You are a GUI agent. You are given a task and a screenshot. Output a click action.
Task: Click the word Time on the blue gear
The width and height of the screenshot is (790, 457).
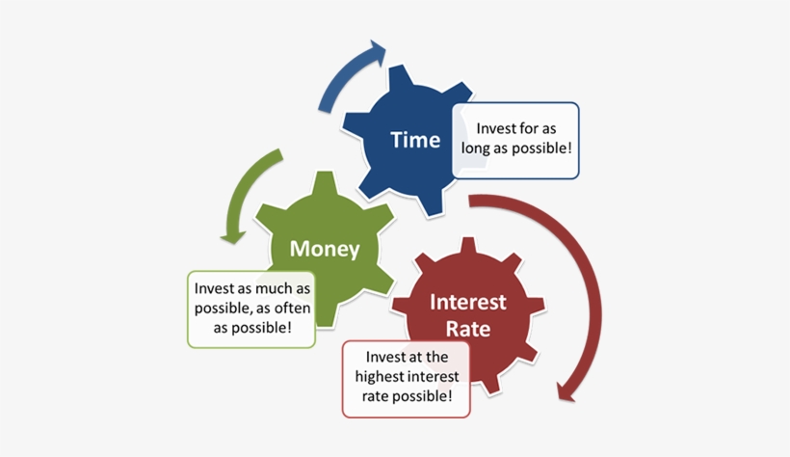click(x=415, y=140)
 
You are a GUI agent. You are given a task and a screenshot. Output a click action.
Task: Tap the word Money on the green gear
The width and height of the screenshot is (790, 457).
click(x=325, y=249)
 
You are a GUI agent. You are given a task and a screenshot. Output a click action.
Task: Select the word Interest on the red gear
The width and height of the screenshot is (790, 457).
click(x=468, y=302)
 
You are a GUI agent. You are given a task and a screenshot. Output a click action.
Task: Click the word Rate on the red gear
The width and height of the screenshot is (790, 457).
click(x=468, y=329)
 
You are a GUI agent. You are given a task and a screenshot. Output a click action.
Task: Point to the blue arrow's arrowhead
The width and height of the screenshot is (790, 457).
click(x=377, y=53)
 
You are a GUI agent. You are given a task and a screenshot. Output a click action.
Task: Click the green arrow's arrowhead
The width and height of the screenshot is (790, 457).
click(x=233, y=236)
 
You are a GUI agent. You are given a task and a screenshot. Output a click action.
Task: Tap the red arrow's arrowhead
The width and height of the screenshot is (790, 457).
click(x=566, y=391)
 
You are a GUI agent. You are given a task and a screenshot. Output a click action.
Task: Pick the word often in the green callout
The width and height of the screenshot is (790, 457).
click(x=293, y=308)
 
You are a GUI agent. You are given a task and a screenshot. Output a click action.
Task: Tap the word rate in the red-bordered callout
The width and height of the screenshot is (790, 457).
click(x=375, y=396)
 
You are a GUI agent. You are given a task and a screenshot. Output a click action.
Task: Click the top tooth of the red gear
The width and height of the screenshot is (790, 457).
click(x=468, y=246)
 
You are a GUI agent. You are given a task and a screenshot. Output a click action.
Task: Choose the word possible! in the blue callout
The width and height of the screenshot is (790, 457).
click(x=540, y=148)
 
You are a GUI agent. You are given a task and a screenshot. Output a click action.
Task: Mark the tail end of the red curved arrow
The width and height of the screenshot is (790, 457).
click(x=469, y=201)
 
